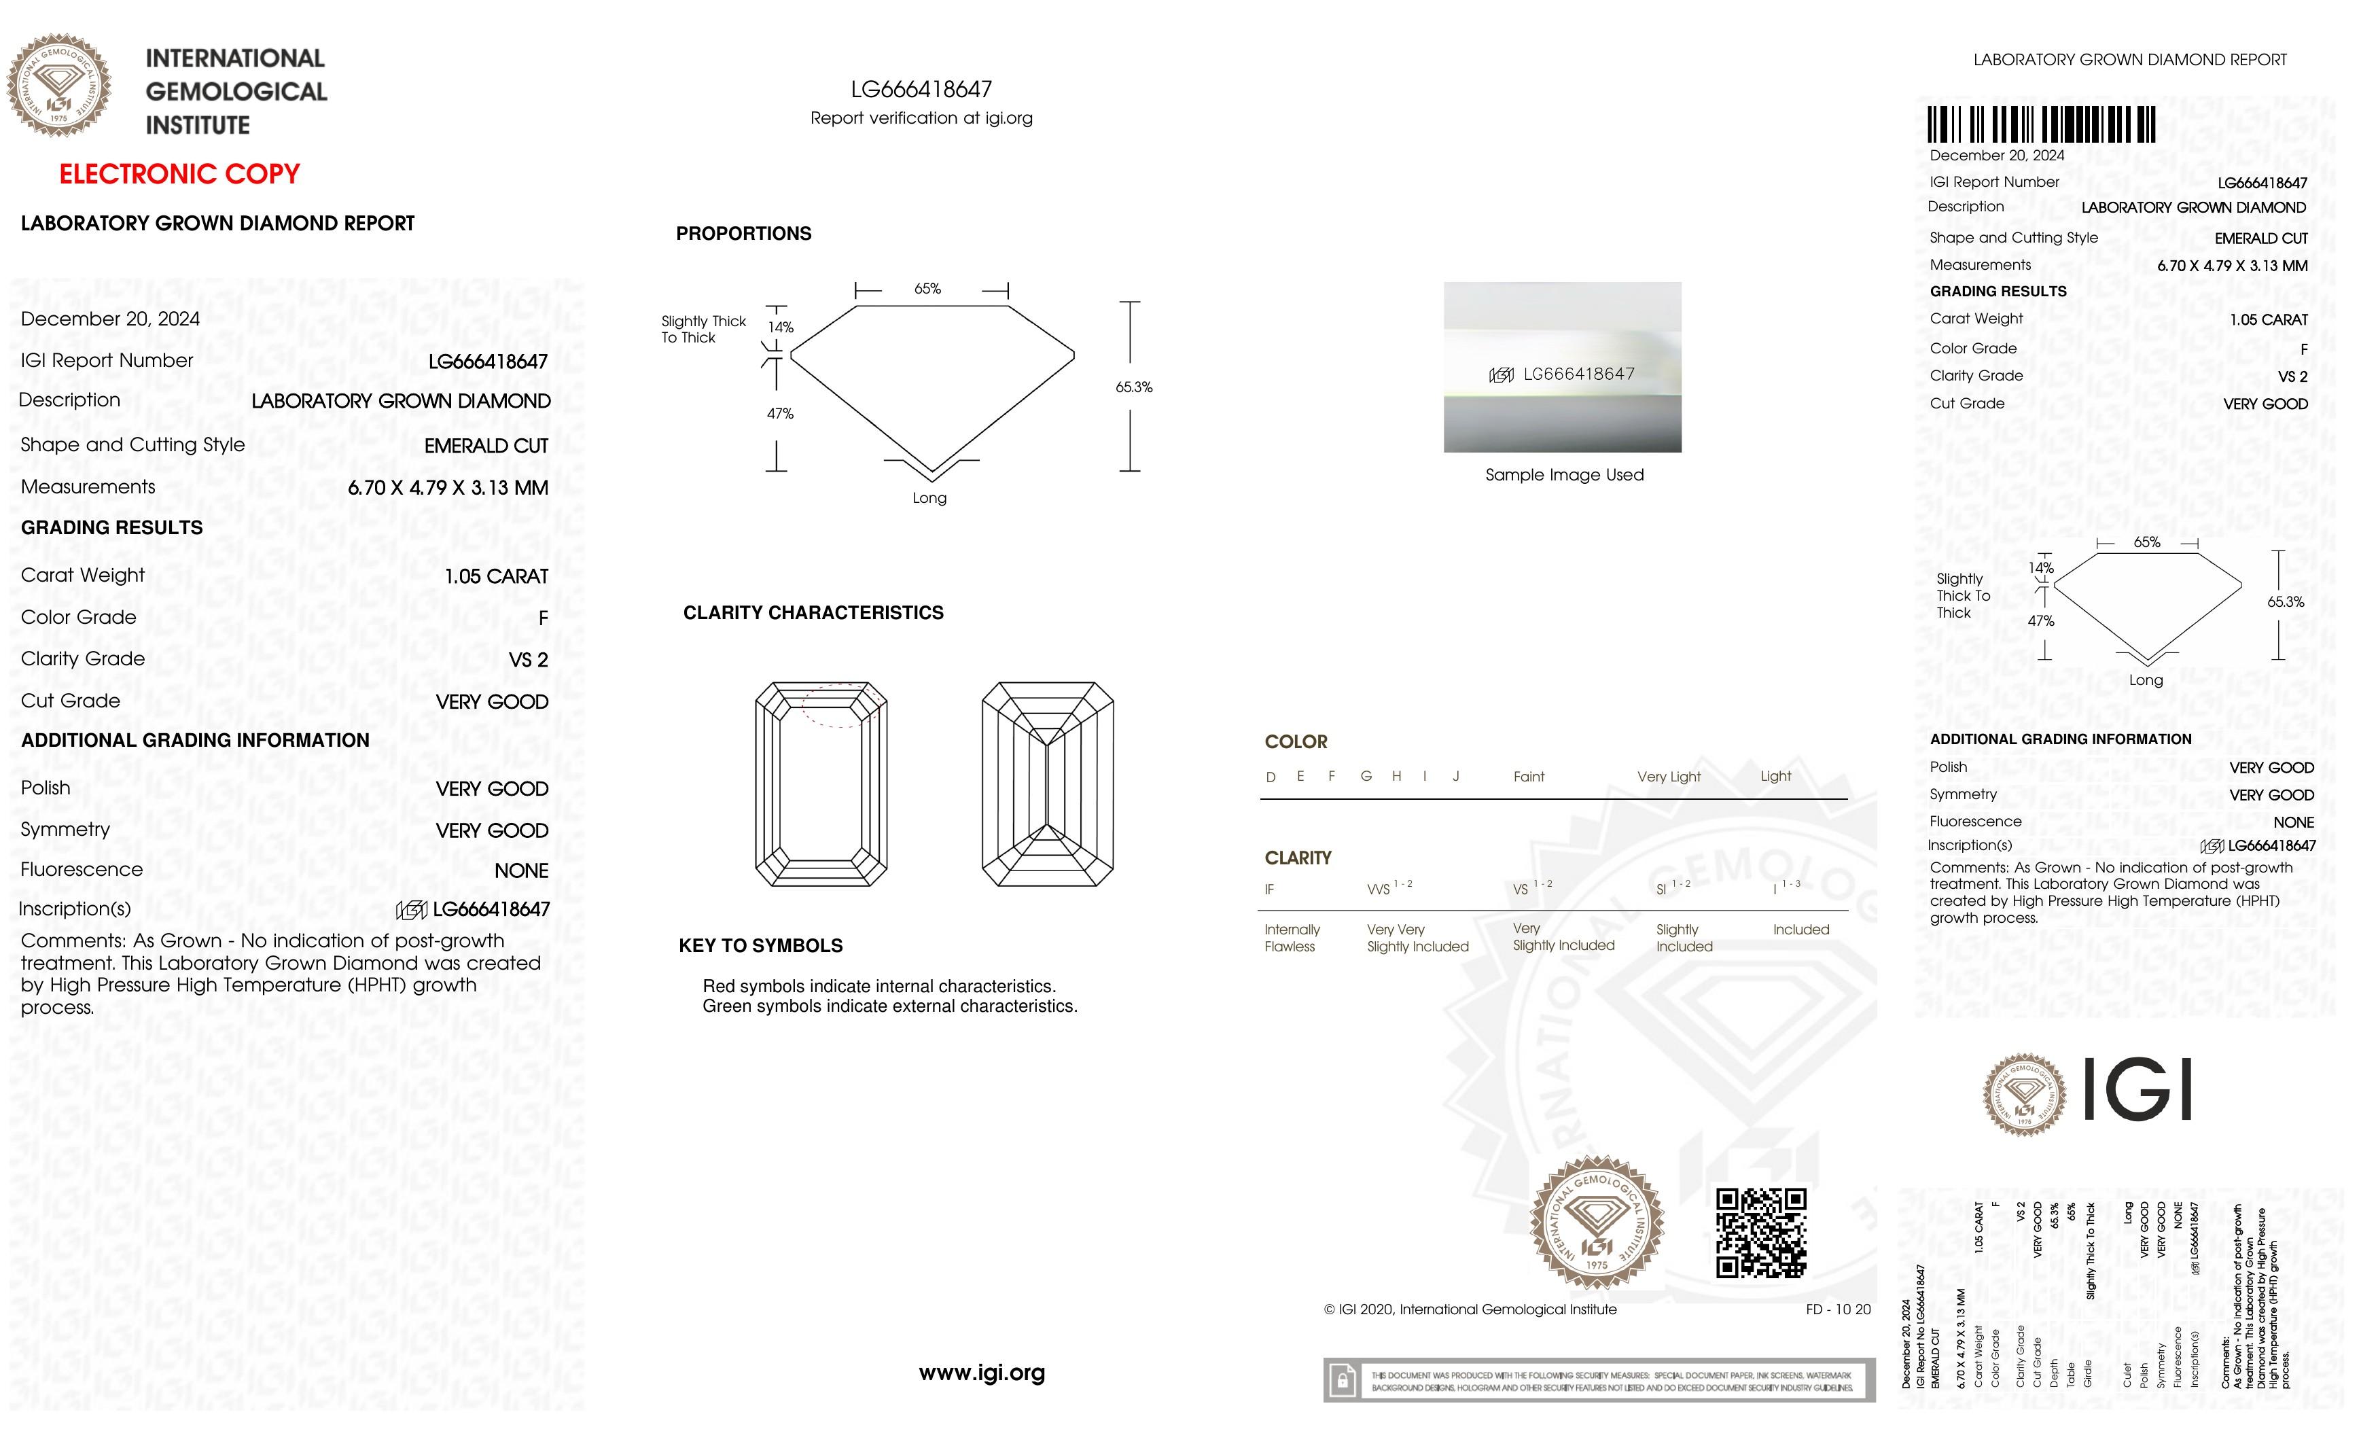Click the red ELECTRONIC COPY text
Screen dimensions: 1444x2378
[x=179, y=175]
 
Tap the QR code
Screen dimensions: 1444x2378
[x=1760, y=1233]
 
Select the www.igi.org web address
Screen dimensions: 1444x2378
[x=982, y=1373]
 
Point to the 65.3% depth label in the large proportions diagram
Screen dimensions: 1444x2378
[x=1134, y=387]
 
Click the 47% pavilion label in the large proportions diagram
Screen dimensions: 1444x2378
[x=780, y=414]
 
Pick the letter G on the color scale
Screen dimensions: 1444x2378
[x=1366, y=776]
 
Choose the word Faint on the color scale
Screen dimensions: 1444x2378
[x=1529, y=776]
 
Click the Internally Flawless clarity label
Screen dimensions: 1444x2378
[x=1292, y=937]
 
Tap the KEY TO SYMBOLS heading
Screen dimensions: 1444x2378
[x=760, y=946]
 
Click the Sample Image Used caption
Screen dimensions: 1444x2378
[x=1563, y=475]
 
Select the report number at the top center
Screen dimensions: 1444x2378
[x=921, y=90]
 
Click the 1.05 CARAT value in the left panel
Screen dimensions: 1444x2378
[x=496, y=576]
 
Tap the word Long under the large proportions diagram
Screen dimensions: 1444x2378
[x=929, y=498]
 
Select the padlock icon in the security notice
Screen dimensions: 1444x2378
[x=1341, y=1380]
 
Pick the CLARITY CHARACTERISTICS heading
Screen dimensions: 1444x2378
[x=813, y=613]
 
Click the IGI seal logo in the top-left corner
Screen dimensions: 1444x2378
[x=60, y=85]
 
